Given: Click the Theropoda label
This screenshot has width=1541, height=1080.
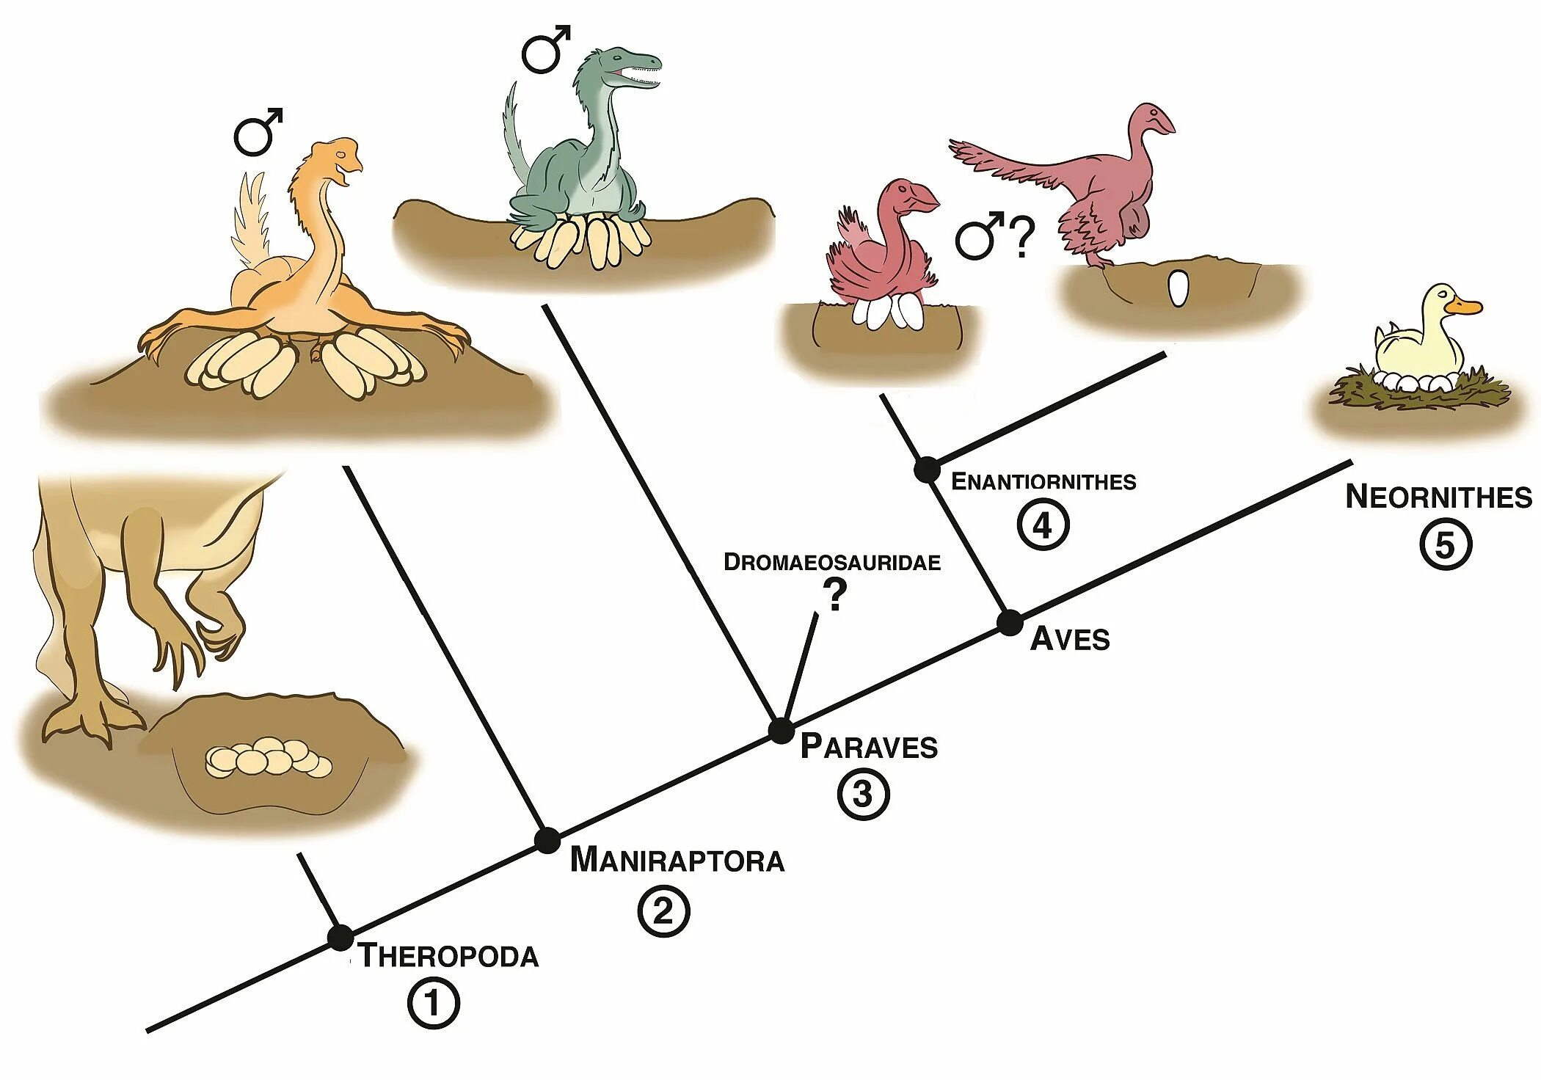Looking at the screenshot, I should click(449, 957).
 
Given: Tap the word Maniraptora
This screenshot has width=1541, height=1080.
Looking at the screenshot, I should click(677, 861).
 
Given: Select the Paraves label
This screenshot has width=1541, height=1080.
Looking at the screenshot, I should click(869, 747).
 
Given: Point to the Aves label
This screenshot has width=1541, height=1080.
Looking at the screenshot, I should click(1070, 640).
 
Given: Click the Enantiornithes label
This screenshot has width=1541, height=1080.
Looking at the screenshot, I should click(1043, 482).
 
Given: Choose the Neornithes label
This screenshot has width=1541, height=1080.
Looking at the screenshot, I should click(1438, 497).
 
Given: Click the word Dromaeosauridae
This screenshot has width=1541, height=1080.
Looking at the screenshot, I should click(832, 562).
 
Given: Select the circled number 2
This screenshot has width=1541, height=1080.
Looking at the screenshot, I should click(663, 912).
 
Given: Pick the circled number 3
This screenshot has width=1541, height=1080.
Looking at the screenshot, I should click(863, 794).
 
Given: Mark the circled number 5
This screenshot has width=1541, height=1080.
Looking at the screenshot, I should click(1445, 545).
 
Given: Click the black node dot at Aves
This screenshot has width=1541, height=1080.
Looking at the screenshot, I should click(1010, 624).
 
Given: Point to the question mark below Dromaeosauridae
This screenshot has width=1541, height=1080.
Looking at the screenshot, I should click(834, 595).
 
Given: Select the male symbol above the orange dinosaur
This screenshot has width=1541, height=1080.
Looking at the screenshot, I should click(258, 133).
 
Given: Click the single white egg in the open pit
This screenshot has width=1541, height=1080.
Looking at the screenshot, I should click(1178, 288).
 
